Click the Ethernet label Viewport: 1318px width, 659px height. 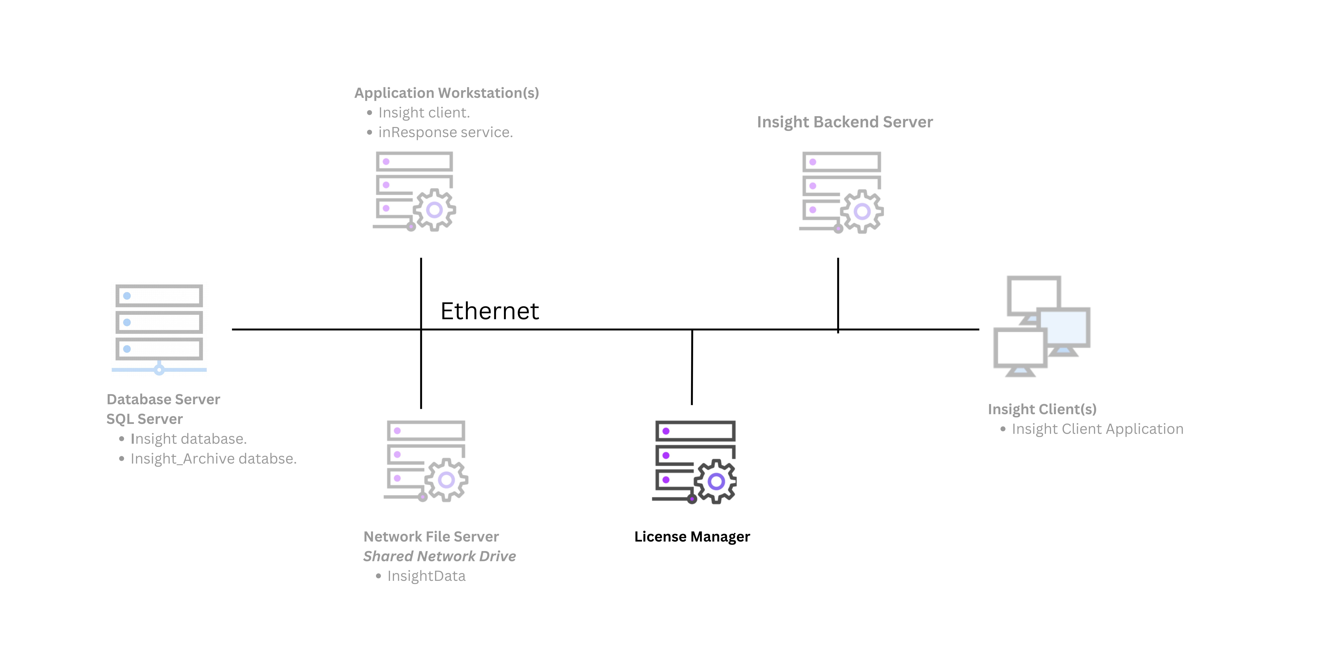490,311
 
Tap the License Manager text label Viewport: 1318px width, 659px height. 692,537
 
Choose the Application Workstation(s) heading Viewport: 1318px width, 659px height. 447,93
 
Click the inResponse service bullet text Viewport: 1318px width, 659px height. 445,133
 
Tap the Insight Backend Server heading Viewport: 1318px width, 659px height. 845,122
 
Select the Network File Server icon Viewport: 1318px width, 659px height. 426,460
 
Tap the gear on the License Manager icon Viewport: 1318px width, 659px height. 716,481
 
